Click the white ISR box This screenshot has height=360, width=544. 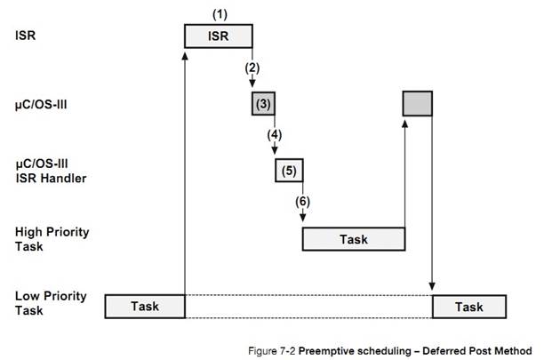coord(218,36)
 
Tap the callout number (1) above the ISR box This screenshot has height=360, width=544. coord(218,14)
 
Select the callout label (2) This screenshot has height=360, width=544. coord(252,68)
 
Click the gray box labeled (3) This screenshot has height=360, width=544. coord(263,104)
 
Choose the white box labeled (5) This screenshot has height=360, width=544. coord(289,169)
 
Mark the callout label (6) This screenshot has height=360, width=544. coord(302,202)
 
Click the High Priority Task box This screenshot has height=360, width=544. coord(354,239)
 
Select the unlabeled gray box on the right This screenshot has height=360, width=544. coord(418,104)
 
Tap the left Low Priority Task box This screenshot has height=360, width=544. coord(145,306)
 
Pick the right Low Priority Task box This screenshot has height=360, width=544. coord(468,306)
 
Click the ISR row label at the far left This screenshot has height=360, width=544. coord(26,36)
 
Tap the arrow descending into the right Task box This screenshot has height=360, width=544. coord(432,204)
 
